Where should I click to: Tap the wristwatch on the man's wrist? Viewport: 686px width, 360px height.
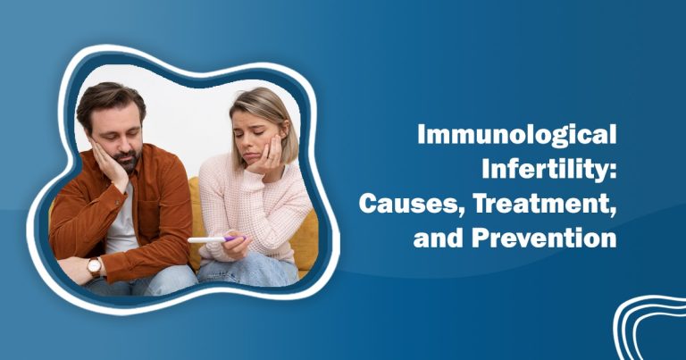(94, 265)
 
